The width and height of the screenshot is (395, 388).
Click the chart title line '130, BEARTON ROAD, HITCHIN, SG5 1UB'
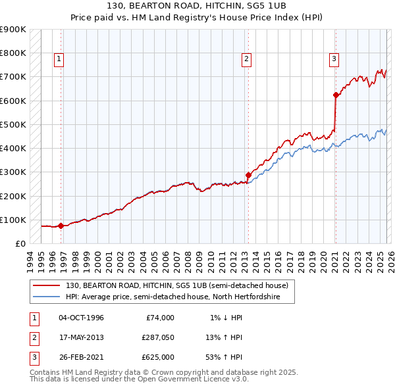point(197,7)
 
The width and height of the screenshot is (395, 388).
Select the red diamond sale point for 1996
point(61,226)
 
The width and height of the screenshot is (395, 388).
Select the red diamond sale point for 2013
point(248,175)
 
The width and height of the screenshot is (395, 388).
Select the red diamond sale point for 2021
point(336,95)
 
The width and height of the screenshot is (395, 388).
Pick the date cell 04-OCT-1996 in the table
point(81,318)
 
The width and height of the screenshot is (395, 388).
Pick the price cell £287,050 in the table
point(157,337)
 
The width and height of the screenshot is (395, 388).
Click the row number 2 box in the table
point(33,337)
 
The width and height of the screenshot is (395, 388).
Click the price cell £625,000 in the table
point(157,357)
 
